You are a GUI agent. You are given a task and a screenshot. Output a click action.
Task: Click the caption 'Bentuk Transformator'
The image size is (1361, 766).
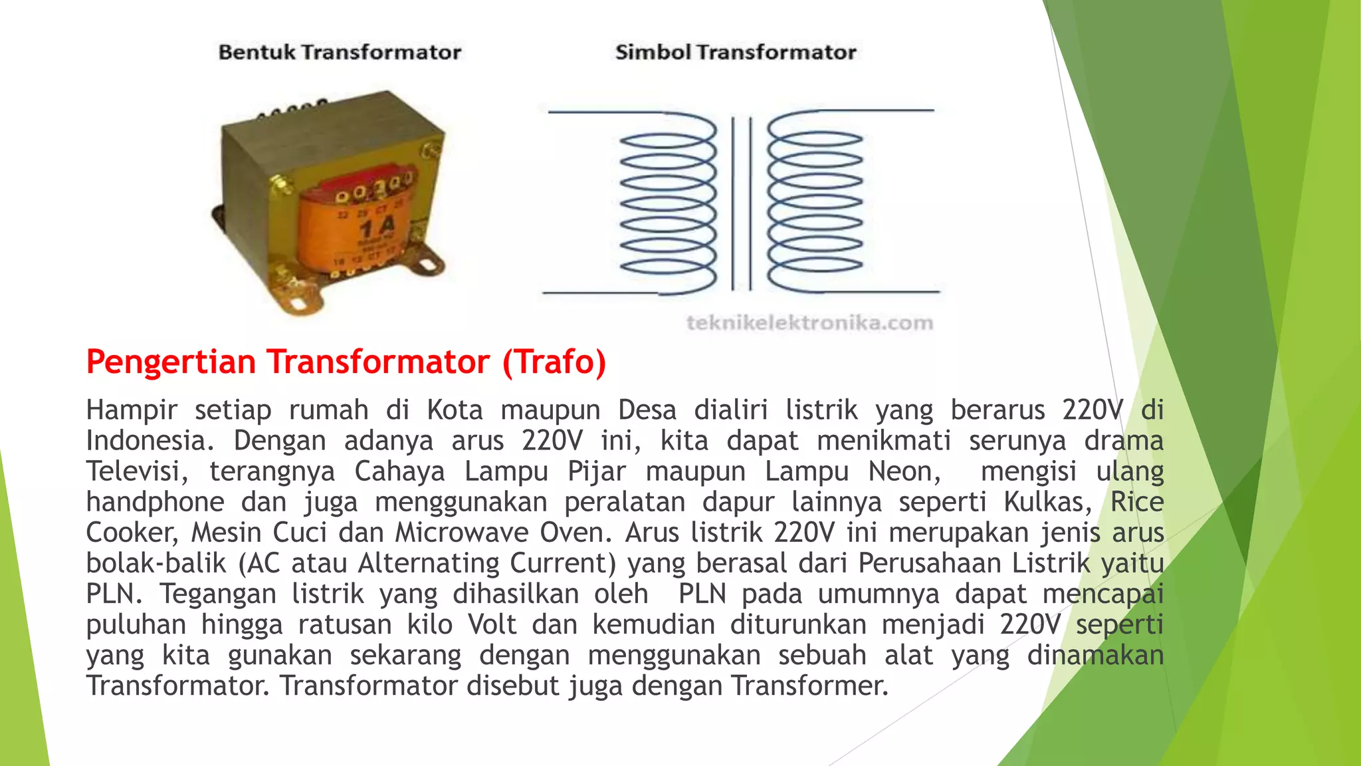[x=340, y=53]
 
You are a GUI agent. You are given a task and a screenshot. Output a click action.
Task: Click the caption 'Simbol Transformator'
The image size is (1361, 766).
[x=736, y=53]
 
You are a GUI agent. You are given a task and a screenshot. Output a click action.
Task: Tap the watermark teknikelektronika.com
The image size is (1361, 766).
[x=809, y=323]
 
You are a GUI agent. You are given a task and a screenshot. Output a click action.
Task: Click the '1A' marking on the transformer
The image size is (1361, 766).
[x=377, y=229]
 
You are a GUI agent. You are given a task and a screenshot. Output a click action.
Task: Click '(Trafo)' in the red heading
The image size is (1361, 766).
[x=554, y=362]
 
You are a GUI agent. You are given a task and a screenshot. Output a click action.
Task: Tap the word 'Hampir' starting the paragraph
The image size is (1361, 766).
[x=132, y=410]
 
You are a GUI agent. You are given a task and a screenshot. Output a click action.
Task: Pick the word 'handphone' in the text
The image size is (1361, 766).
[x=155, y=502]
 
